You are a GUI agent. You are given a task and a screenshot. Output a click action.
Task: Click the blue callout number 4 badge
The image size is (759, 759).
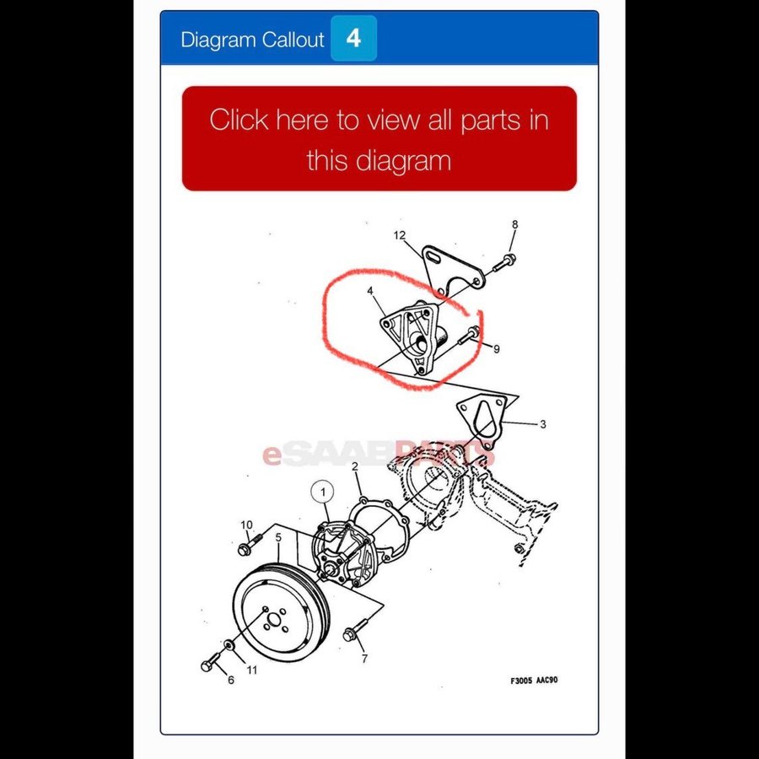click(x=353, y=38)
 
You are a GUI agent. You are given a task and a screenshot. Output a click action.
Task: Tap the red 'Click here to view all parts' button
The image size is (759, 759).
click(x=379, y=138)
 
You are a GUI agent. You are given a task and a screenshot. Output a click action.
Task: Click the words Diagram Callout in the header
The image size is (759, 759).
click(x=252, y=39)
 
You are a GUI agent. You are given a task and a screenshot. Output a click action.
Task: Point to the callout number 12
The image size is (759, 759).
click(x=400, y=235)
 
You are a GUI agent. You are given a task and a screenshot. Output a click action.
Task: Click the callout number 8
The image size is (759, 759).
click(x=514, y=224)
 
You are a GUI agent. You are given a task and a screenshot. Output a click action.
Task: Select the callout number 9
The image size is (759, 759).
click(x=496, y=348)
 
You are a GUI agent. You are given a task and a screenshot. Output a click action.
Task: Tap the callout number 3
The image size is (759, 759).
click(x=542, y=424)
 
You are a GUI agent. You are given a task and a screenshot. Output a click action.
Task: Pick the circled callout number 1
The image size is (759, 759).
click(x=323, y=493)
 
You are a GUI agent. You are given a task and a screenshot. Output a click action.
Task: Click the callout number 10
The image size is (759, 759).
click(x=246, y=525)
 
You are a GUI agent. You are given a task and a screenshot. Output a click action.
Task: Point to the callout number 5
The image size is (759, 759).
click(x=278, y=537)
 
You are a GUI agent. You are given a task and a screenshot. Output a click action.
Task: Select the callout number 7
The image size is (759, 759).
click(x=364, y=659)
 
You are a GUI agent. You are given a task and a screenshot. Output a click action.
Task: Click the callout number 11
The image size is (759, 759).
click(x=251, y=670)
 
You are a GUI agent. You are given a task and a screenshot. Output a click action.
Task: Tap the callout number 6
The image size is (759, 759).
click(x=231, y=680)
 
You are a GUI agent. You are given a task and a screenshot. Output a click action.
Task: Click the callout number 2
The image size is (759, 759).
click(x=355, y=466)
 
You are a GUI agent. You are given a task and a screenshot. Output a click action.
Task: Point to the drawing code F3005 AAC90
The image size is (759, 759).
click(x=534, y=680)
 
